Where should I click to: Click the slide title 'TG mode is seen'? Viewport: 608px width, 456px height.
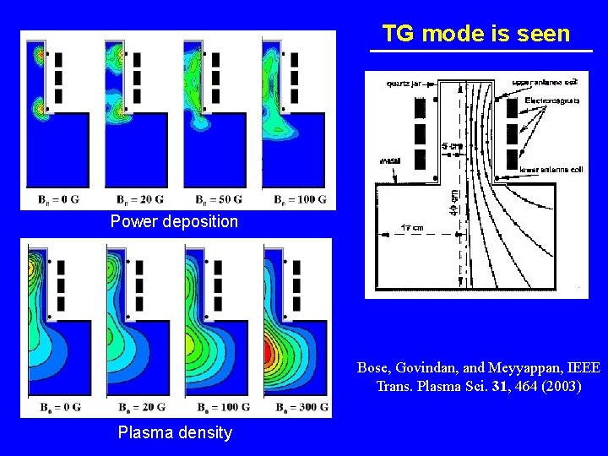pyautogui.click(x=476, y=34)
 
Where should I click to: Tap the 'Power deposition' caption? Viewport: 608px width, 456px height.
pyautogui.click(x=174, y=222)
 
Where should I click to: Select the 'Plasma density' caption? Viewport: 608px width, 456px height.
pyautogui.click(x=174, y=433)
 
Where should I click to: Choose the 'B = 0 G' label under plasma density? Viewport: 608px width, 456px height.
pyautogui.click(x=61, y=408)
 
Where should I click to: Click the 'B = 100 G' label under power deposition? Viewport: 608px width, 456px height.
pyautogui.click(x=298, y=200)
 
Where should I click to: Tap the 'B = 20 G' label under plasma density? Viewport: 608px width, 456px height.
pyautogui.click(x=138, y=408)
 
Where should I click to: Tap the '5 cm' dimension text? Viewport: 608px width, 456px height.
pyautogui.click(x=453, y=146)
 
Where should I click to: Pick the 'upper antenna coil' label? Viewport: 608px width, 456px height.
pyautogui.click(x=543, y=82)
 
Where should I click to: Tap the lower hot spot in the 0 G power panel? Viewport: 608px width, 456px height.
pyautogui.click(x=39, y=109)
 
